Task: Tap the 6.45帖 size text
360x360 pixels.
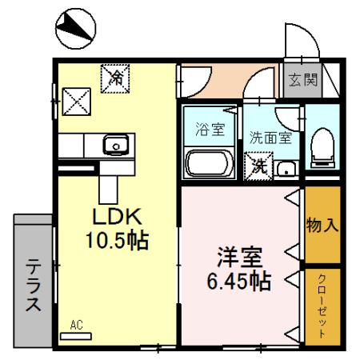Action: click(239, 282)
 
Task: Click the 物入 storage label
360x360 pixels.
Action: click(322, 225)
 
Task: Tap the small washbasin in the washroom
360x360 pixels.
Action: click(287, 167)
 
